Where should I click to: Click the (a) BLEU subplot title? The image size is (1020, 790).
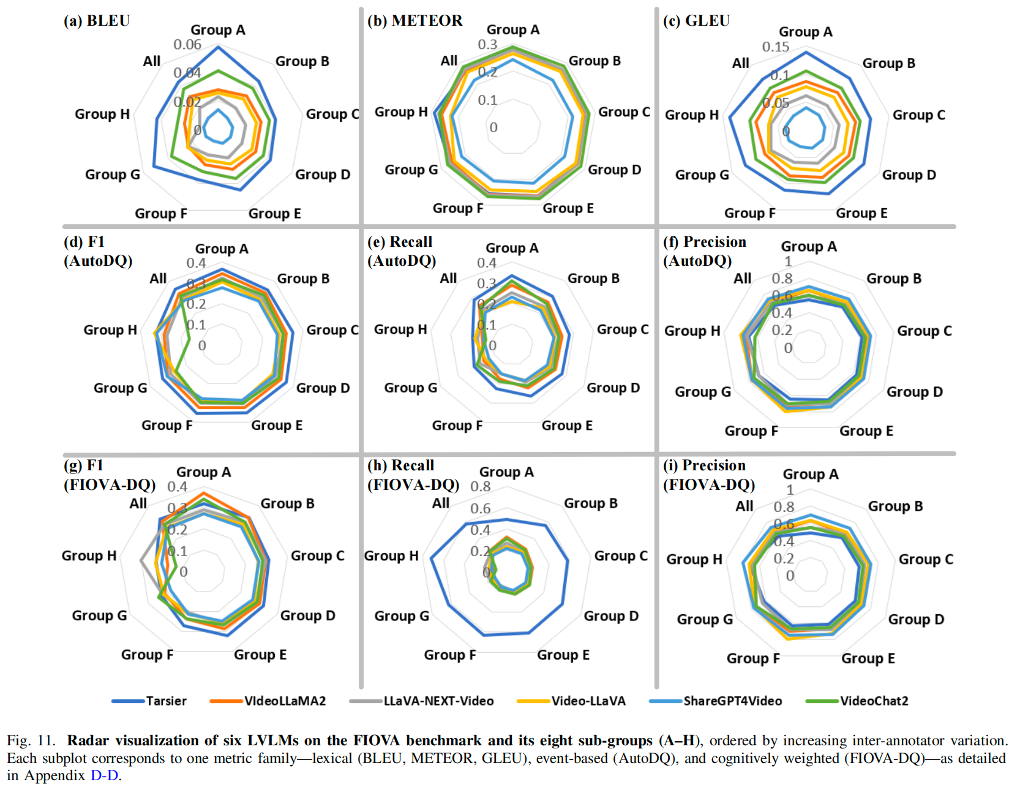tap(97, 21)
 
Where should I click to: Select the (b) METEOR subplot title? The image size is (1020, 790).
tap(414, 21)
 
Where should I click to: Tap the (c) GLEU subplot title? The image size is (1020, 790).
tap(696, 21)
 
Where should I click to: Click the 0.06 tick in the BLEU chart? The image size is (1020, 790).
tap(187, 45)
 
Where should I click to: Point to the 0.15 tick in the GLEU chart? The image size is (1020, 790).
tap(776, 47)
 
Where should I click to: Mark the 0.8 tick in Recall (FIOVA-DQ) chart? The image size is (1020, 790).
tap(481, 487)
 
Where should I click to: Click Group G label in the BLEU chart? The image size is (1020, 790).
tap(113, 175)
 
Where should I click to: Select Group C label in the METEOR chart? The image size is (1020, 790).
tap(624, 112)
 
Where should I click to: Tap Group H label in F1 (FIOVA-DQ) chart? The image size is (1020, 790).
tap(89, 555)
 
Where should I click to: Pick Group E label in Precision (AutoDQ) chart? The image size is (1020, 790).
tap(866, 431)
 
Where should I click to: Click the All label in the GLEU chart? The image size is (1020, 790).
tap(741, 63)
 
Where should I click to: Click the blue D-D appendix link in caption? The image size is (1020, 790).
tap(104, 775)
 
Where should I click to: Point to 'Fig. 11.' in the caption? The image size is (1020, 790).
tap(31, 740)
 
